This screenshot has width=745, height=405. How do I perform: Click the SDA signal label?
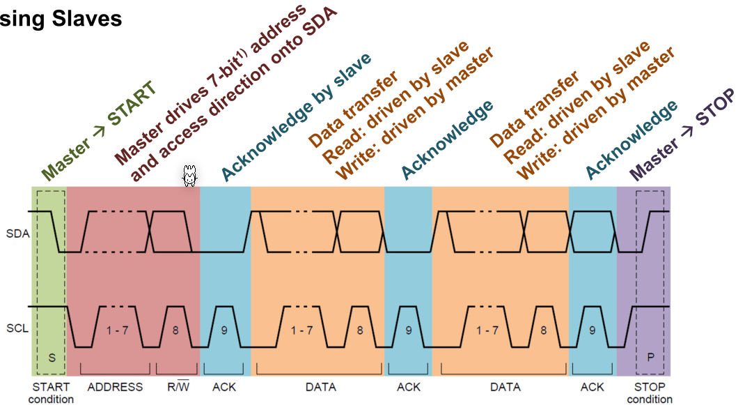tap(17, 234)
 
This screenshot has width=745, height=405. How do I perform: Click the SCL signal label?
tap(17, 326)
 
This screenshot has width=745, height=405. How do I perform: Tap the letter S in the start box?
tap(52, 357)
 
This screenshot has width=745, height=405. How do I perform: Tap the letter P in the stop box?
tap(651, 357)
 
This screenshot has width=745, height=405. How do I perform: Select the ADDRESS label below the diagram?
tap(115, 387)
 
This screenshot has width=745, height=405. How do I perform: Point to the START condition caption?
tap(51, 393)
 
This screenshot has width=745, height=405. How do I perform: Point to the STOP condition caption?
tap(650, 393)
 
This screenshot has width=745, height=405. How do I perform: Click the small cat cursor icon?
tap(189, 176)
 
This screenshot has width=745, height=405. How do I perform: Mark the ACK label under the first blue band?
tap(224, 387)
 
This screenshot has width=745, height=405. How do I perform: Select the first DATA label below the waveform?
tap(320, 387)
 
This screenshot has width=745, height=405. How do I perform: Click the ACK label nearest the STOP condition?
tap(593, 387)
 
